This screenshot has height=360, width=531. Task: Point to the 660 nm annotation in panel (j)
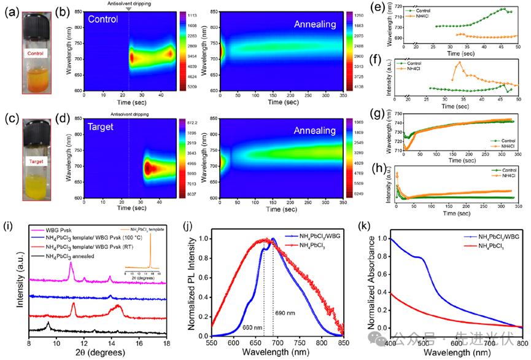254,327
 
